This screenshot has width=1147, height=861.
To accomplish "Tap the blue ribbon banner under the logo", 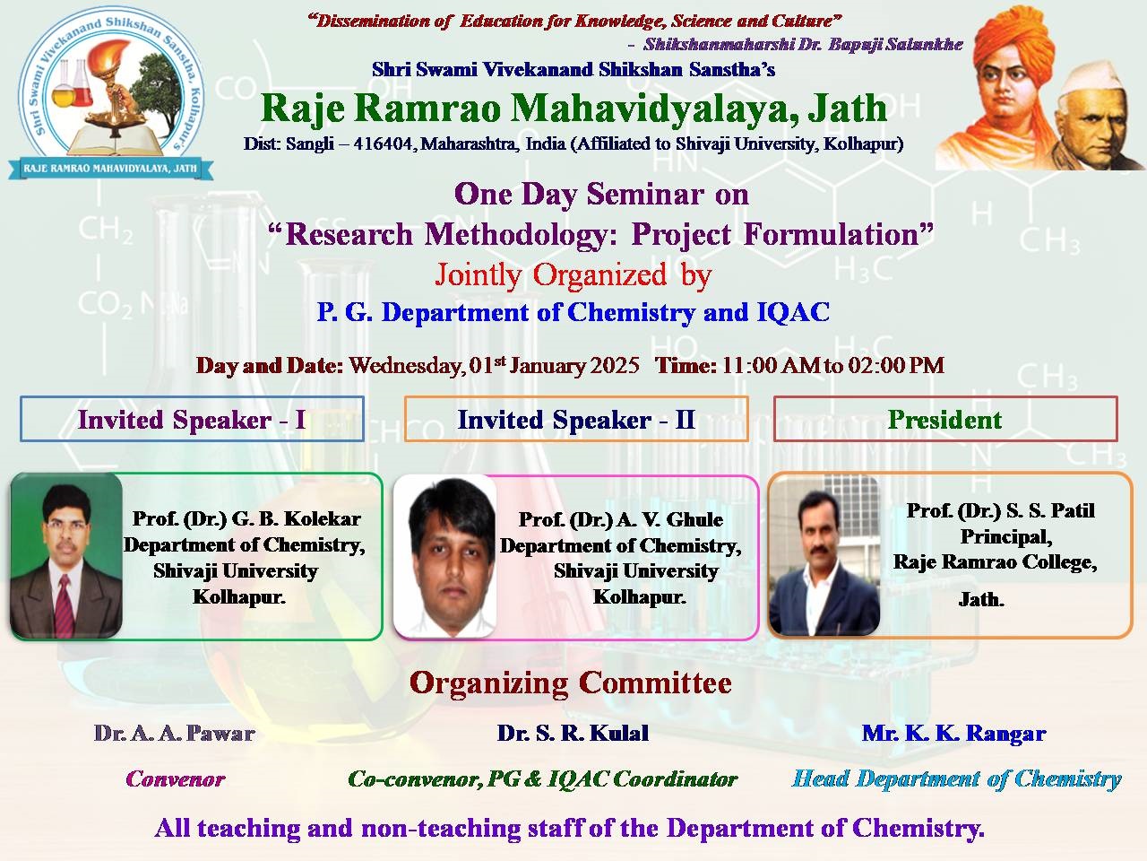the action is pyautogui.click(x=110, y=169).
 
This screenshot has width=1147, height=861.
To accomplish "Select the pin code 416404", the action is pyautogui.click(x=383, y=143).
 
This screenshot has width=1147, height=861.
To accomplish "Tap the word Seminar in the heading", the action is pyautogui.click(x=645, y=195).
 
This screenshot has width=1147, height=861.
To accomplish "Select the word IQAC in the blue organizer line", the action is pyautogui.click(x=793, y=313).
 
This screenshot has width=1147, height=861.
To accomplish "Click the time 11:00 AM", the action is pyautogui.click(x=771, y=365).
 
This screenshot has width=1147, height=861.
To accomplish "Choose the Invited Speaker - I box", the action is pyautogui.click(x=192, y=419).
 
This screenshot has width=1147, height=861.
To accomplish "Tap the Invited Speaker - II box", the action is pyautogui.click(x=576, y=419).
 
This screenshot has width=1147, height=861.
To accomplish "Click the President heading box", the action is pyautogui.click(x=945, y=419).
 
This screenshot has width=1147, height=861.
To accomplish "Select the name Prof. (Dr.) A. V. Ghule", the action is pyautogui.click(x=620, y=519).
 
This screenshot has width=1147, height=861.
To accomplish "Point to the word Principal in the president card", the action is pyautogui.click(x=1006, y=537).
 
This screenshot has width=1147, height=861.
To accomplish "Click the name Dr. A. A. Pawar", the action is pyautogui.click(x=175, y=734).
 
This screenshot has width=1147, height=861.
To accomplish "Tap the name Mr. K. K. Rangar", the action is pyautogui.click(x=953, y=734).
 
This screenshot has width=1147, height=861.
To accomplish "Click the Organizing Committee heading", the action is pyautogui.click(x=571, y=683).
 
